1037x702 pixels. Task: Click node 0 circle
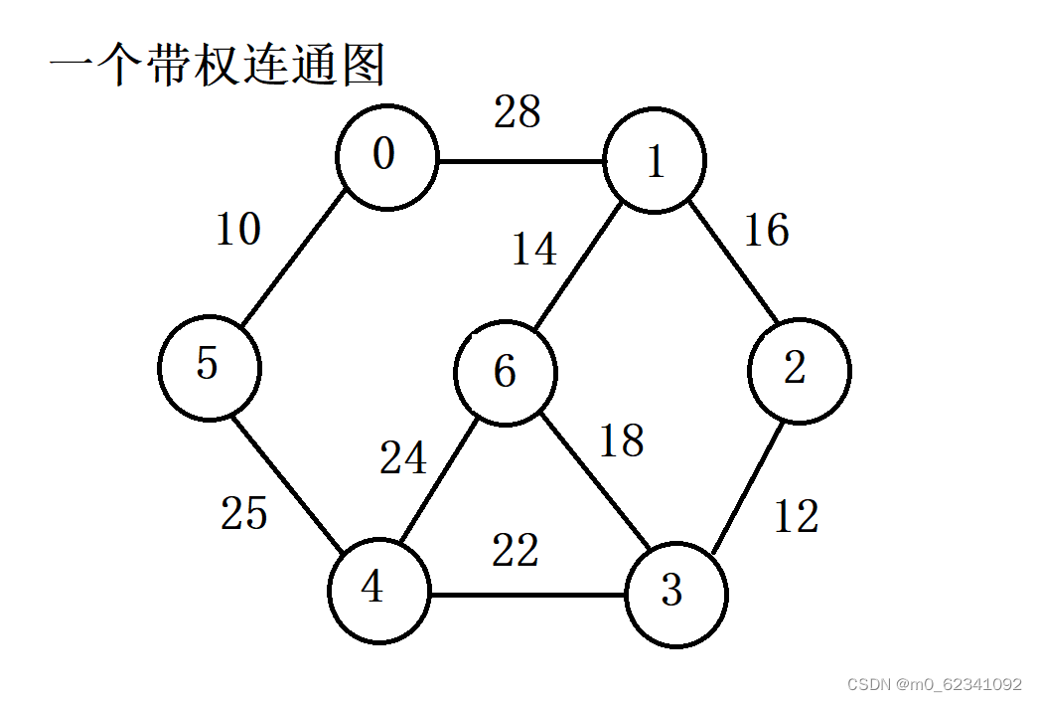click(386, 158)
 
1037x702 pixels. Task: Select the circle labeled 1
click(655, 161)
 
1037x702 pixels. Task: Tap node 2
click(800, 369)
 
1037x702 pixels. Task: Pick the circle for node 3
click(675, 595)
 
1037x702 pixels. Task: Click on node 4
click(378, 591)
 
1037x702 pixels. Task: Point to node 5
click(209, 366)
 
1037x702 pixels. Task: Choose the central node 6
click(505, 373)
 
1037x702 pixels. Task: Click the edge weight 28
click(518, 113)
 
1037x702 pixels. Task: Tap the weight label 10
click(238, 230)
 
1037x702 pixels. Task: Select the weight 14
click(534, 249)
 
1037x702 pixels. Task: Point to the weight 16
click(766, 231)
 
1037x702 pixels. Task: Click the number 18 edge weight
click(622, 440)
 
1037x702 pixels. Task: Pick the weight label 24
click(403, 458)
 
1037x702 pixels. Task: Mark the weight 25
click(244, 513)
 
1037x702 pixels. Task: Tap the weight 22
click(516, 551)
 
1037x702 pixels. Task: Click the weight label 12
click(796, 516)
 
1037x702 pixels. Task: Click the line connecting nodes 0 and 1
click(520, 161)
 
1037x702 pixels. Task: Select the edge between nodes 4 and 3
click(526, 596)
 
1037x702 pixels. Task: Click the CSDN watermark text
click(933, 684)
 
